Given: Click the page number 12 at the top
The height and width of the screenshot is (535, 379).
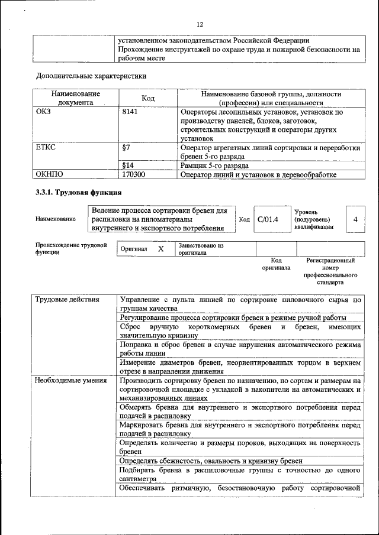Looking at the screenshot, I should pyautogui.click(x=200, y=24).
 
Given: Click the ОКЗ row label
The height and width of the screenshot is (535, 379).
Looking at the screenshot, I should pyautogui.click(x=44, y=112).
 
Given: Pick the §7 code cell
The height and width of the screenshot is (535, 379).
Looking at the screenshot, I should pyautogui.click(x=126, y=147).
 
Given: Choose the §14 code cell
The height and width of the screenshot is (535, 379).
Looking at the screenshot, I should pyautogui.click(x=127, y=166).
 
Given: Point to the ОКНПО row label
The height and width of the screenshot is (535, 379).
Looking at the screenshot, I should pyautogui.click(x=50, y=174).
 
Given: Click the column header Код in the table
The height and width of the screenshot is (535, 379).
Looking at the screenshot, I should pyautogui.click(x=148, y=98).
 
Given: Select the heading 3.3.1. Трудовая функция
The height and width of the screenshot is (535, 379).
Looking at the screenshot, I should pyautogui.click(x=79, y=192).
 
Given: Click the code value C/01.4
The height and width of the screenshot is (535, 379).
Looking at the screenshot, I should pyautogui.click(x=268, y=219).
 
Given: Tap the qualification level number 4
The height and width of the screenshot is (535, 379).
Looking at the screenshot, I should pyautogui.click(x=355, y=219).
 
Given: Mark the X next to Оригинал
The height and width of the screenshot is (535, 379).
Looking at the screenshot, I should pyautogui.click(x=160, y=249).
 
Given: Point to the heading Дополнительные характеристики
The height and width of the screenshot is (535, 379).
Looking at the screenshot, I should pyautogui.click(x=91, y=76).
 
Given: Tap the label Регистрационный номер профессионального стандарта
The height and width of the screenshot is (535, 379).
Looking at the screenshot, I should pyautogui.click(x=330, y=271).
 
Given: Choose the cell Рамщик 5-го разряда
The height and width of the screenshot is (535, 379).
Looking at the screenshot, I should pyautogui.click(x=215, y=166).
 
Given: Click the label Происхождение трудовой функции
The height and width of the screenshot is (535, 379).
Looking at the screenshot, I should pyautogui.click(x=70, y=248).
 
